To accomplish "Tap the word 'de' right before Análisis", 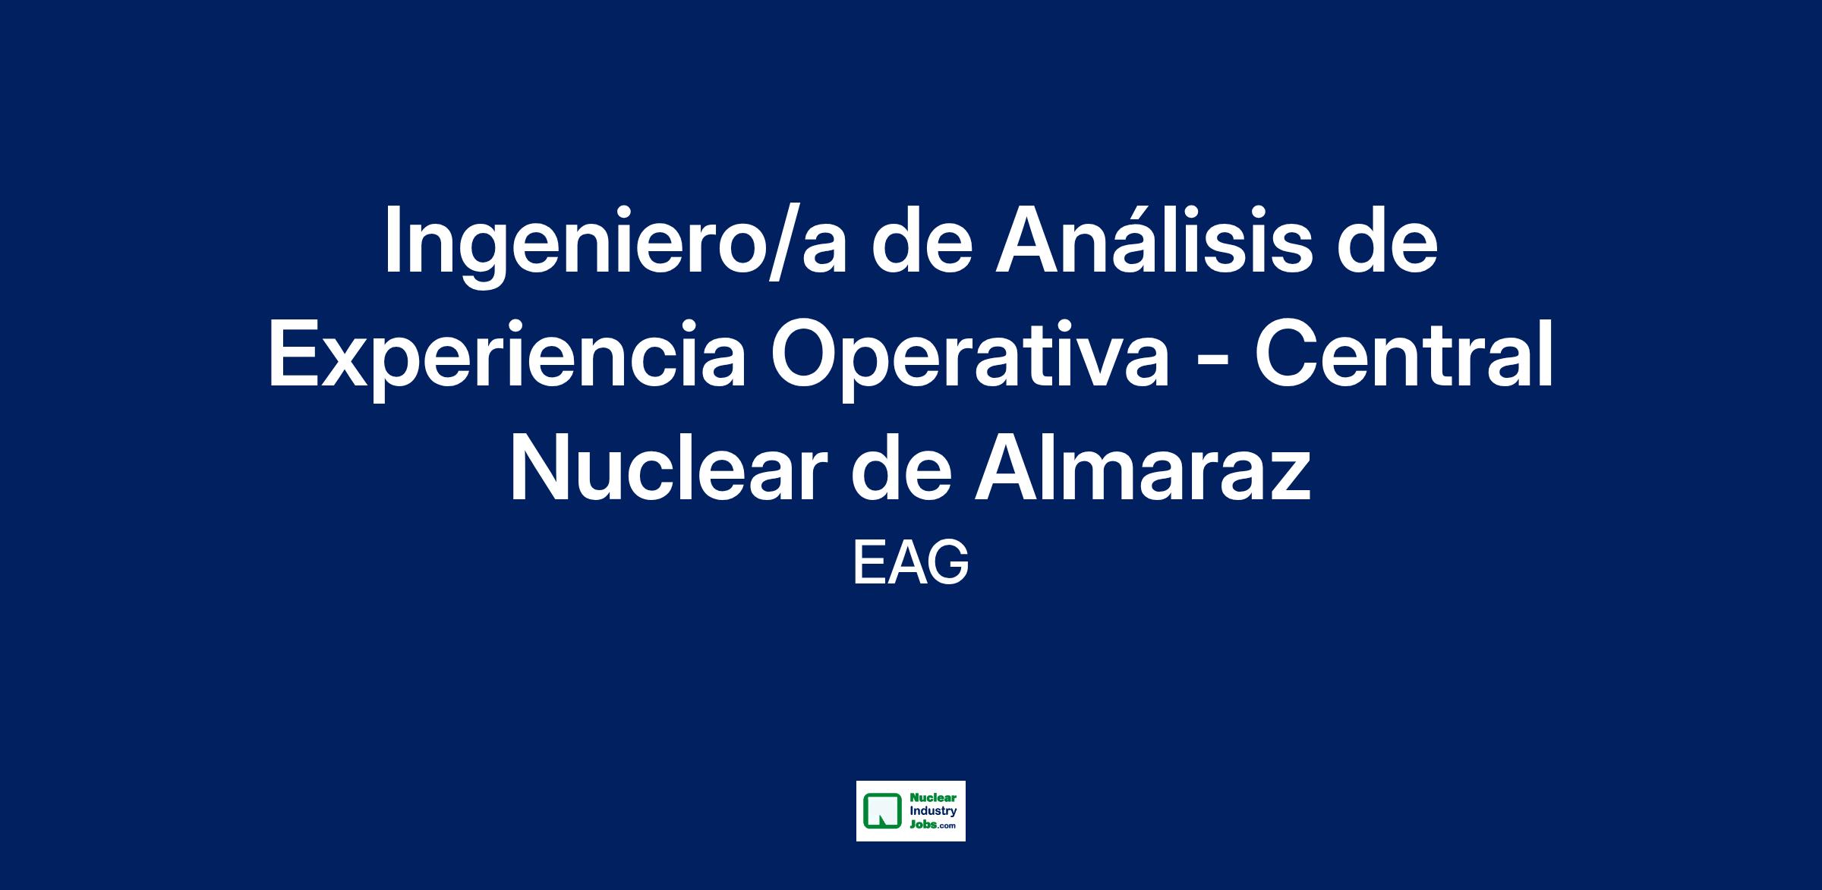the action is pos(922,239).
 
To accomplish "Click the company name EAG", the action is pos(911,562).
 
